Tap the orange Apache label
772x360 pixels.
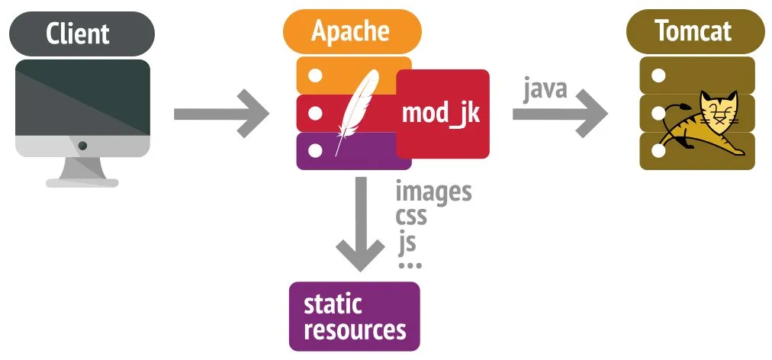click(351, 31)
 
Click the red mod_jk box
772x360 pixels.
click(442, 114)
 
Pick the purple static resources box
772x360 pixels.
click(355, 317)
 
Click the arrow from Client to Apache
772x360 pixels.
click(222, 114)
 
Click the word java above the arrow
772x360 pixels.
click(545, 88)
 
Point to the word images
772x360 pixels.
click(433, 191)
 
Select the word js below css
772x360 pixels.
click(407, 242)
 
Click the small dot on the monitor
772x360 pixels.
click(82, 145)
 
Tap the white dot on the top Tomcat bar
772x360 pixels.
click(658, 76)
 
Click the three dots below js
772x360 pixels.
click(410, 265)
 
